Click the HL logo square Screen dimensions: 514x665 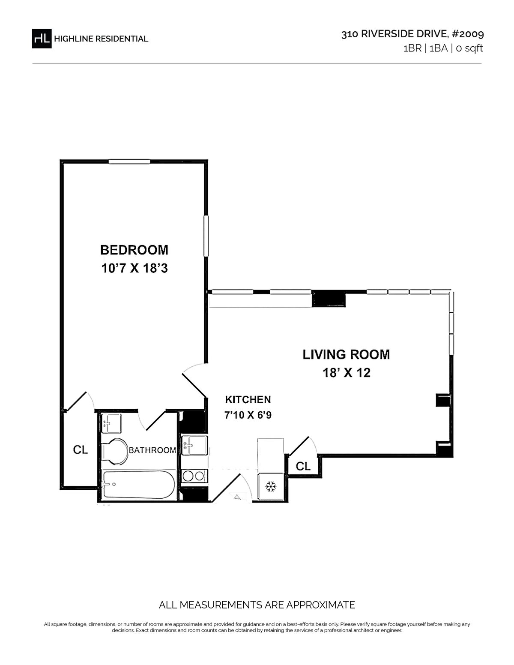(42, 39)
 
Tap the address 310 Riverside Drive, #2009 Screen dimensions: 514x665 (412, 34)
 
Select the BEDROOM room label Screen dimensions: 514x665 (134, 250)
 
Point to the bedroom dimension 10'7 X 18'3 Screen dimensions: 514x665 (134, 268)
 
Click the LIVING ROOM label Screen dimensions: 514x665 (346, 354)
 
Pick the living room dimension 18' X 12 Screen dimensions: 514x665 (347, 373)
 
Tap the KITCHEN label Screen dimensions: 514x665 (248, 399)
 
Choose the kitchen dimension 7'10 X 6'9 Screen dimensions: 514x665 (248, 415)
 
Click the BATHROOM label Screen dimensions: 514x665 (152, 450)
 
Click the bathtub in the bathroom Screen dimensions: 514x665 (139, 485)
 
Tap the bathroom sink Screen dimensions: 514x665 (111, 423)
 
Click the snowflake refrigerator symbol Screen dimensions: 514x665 (271, 487)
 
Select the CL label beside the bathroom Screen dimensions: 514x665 (81, 450)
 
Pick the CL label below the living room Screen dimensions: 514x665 (303, 466)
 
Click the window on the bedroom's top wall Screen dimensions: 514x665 (129, 162)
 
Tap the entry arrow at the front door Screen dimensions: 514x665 (238, 497)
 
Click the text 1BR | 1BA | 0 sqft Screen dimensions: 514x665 (443, 48)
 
